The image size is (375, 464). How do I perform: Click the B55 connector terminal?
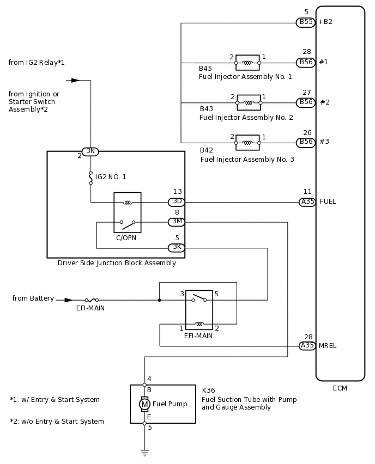(x=306, y=22)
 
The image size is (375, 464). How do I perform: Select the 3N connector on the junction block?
(x=90, y=151)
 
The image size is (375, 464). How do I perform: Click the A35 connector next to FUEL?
(x=307, y=202)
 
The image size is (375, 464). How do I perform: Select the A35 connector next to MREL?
(x=307, y=345)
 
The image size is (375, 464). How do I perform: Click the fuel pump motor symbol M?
(x=144, y=404)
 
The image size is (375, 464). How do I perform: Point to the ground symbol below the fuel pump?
(x=144, y=452)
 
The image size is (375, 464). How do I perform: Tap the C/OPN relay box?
(x=127, y=212)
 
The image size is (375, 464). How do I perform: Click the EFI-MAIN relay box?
(x=199, y=310)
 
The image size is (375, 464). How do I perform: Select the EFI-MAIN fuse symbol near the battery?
(x=92, y=300)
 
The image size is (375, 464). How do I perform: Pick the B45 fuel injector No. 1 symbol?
(x=247, y=63)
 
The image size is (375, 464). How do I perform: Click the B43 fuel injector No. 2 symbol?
(x=249, y=102)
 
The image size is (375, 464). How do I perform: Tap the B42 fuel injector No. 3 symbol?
(x=247, y=143)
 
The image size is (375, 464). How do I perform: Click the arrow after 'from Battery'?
(x=68, y=300)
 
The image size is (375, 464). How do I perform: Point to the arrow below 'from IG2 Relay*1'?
(x=75, y=80)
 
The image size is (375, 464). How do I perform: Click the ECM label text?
(x=340, y=388)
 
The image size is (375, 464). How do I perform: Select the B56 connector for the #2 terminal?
(x=306, y=102)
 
